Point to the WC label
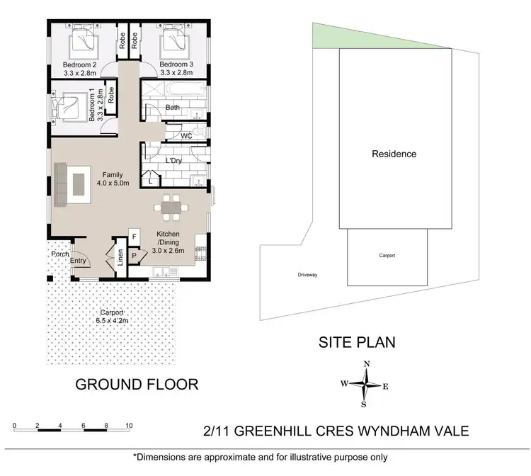pyautogui.click(x=187, y=135)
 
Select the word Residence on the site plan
pyautogui.click(x=394, y=154)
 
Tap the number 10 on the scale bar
pyautogui.click(x=129, y=426)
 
